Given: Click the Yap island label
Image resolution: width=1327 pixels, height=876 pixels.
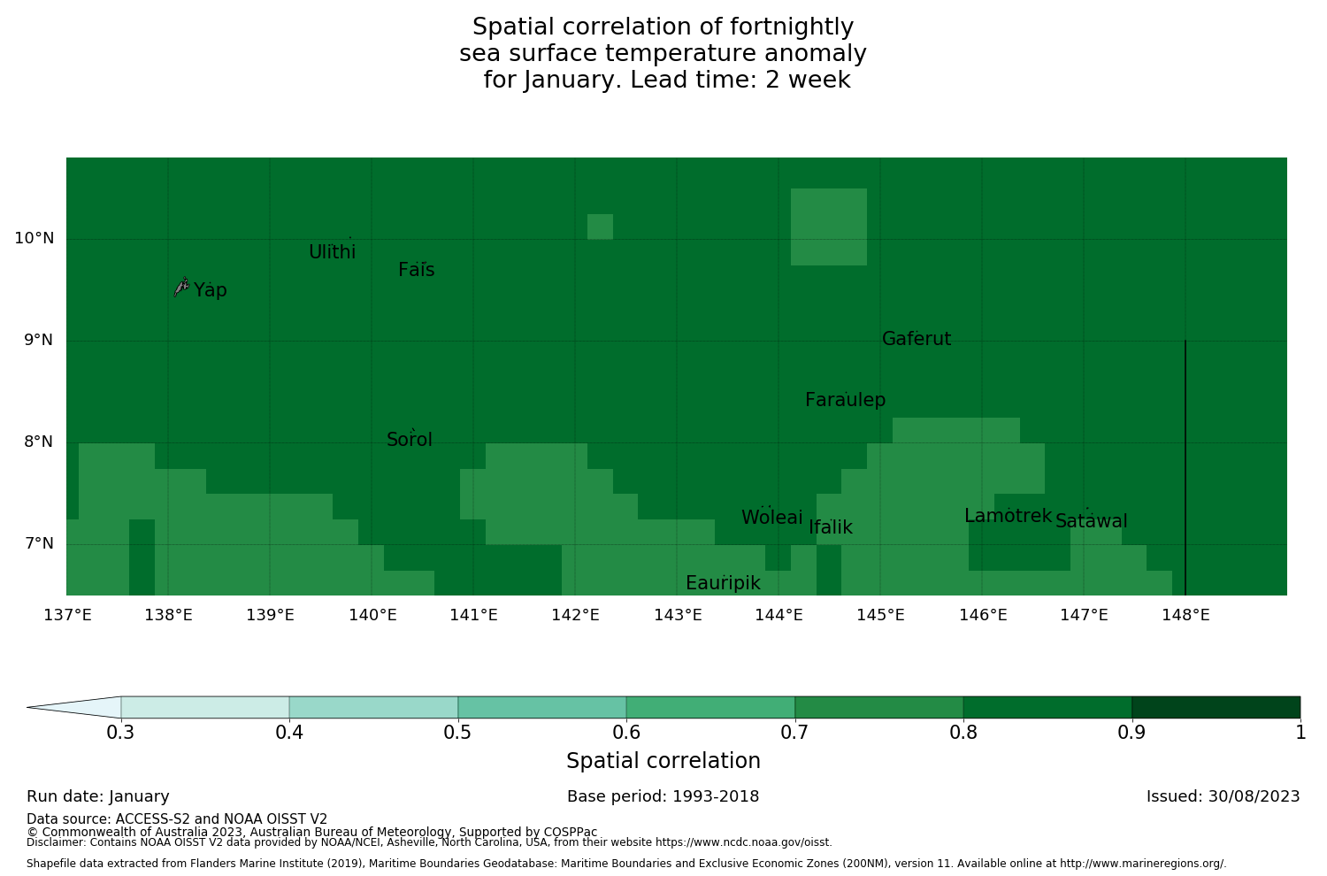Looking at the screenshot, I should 211,290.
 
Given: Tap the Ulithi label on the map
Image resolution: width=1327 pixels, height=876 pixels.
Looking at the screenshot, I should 332,252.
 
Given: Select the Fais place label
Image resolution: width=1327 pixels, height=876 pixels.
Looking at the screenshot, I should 416,270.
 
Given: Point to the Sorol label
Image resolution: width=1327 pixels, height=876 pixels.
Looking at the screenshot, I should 410,440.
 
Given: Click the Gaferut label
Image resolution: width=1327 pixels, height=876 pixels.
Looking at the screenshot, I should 917,339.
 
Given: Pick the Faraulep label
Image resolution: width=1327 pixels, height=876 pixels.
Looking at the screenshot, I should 845,400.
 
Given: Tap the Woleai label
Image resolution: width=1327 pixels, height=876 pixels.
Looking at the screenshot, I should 771,518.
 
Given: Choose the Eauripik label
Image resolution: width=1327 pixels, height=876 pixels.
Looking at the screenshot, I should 723,583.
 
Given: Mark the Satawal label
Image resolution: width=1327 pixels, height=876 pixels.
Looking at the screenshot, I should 1091,521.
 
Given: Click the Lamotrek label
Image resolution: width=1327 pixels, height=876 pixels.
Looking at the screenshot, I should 1008,516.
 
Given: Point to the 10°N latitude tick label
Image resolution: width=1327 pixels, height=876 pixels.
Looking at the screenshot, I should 34,238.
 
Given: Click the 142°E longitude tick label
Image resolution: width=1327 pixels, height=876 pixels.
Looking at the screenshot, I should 576,615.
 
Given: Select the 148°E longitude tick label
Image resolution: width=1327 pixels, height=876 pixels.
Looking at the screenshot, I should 1185,615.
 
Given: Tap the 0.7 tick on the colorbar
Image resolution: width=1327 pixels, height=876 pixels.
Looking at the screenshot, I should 794,732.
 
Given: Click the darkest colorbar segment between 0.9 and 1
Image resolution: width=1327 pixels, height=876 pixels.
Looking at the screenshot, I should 1216,707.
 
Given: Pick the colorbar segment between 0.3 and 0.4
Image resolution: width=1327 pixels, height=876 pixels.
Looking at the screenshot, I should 205,707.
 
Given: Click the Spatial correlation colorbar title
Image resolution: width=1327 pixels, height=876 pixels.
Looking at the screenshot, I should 663,761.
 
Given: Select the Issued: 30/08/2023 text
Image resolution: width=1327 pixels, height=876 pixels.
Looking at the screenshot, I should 1223,796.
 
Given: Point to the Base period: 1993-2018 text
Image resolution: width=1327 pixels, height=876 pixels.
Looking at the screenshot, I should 663,796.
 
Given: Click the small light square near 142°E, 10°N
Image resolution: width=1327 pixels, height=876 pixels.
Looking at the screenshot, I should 600,227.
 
